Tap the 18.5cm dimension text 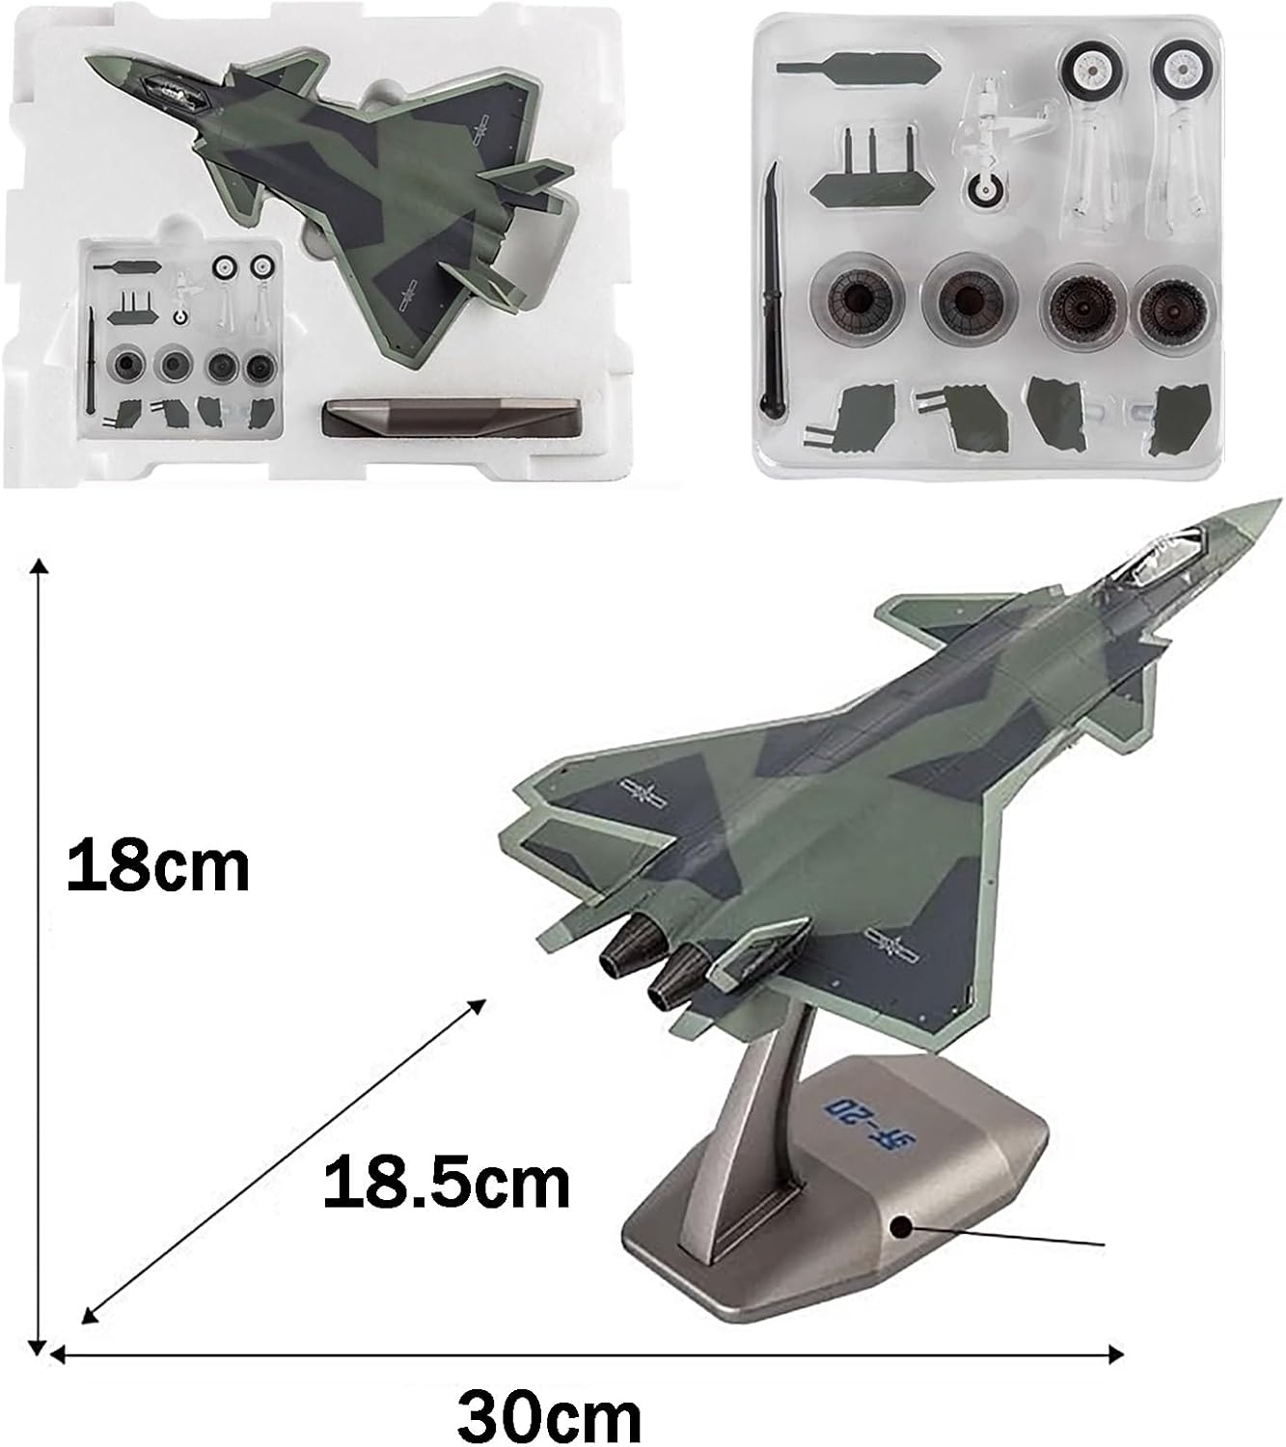(447, 1184)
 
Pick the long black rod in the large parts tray (773, 288)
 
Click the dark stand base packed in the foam (451, 419)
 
